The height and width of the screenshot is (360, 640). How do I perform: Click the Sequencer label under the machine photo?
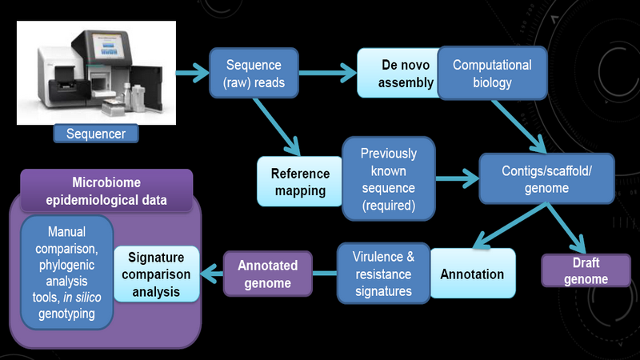(x=94, y=134)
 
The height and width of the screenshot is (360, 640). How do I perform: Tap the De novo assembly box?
(x=396, y=72)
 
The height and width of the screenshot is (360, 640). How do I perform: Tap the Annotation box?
(x=472, y=274)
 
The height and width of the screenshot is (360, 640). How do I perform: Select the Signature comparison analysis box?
(x=156, y=274)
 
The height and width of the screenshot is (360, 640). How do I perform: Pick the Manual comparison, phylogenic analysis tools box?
(x=68, y=272)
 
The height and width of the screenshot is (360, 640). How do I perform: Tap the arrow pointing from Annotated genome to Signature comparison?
(x=213, y=274)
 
